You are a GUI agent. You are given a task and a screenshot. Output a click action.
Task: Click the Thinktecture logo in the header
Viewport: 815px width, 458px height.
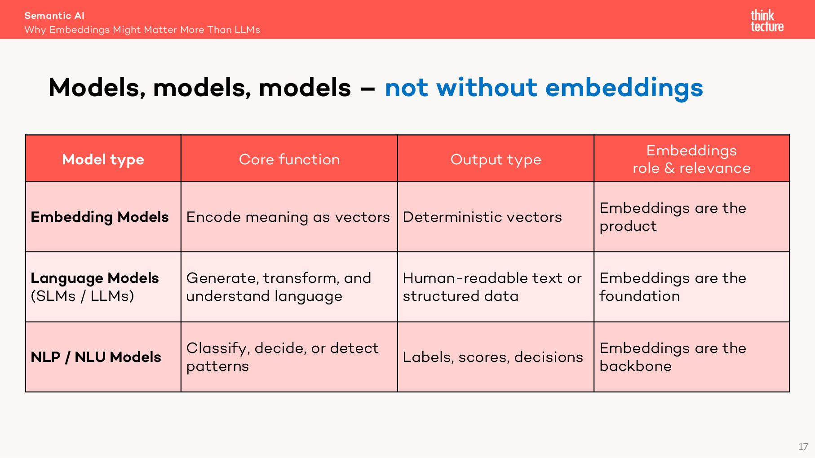(x=767, y=21)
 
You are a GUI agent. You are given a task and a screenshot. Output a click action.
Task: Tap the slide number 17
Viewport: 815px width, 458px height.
(x=803, y=447)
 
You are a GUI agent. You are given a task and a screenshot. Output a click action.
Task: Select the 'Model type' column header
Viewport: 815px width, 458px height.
(x=103, y=159)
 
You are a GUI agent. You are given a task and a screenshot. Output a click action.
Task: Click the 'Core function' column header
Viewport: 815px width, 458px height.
(x=289, y=159)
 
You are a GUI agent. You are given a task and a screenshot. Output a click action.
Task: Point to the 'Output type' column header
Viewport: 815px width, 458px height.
(x=496, y=160)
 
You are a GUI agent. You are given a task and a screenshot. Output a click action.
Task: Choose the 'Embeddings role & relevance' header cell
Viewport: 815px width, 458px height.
(x=691, y=159)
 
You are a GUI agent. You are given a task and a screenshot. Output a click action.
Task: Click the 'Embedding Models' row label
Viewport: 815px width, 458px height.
(x=100, y=217)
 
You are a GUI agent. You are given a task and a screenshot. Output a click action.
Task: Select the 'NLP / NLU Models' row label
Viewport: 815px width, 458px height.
(x=96, y=357)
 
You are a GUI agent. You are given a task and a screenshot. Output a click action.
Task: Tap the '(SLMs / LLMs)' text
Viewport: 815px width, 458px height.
(x=82, y=296)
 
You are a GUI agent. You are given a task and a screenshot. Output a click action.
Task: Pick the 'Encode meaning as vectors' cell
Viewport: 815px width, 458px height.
(x=288, y=217)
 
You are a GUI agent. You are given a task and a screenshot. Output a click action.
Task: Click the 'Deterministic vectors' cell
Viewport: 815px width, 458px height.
(x=482, y=217)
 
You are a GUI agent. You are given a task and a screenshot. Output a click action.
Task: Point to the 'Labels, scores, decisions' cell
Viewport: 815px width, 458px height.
(x=493, y=357)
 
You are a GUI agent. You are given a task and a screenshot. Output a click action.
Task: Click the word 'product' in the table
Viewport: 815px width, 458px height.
(x=628, y=226)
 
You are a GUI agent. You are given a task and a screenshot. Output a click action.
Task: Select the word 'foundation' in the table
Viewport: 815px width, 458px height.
(x=640, y=296)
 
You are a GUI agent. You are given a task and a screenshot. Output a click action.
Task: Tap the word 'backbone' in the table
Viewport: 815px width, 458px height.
(x=636, y=366)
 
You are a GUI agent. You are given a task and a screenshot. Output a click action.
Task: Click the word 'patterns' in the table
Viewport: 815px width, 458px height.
(x=217, y=366)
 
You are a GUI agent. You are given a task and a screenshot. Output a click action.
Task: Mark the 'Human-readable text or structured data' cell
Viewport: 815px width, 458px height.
(x=492, y=287)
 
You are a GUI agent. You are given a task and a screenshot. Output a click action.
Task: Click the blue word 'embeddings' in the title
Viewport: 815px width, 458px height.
(x=624, y=88)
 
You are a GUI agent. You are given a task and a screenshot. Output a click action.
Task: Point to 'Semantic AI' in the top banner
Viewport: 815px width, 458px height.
(x=54, y=16)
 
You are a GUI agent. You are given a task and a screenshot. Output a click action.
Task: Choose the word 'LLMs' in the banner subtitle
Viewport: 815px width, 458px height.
(x=247, y=30)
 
